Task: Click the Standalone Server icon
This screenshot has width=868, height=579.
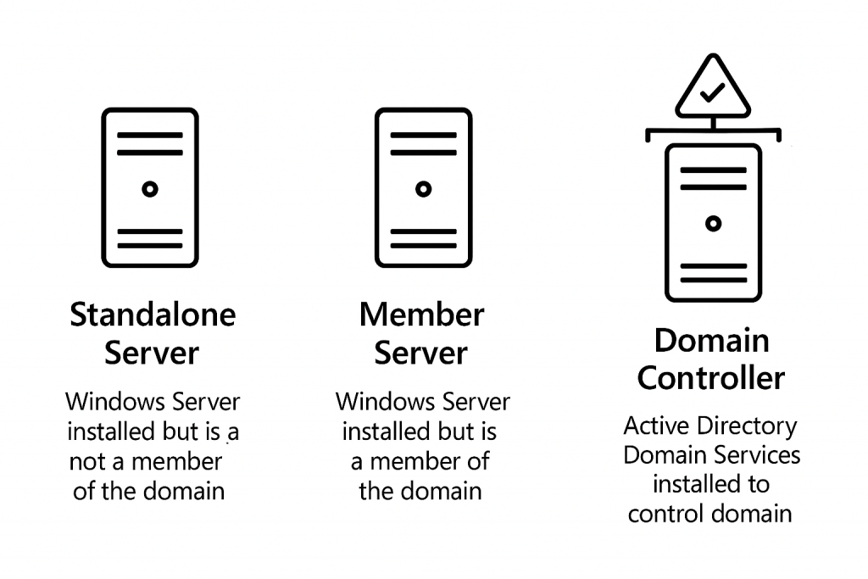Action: (150, 188)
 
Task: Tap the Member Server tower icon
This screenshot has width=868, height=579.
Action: (423, 188)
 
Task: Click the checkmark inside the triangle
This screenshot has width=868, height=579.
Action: (712, 92)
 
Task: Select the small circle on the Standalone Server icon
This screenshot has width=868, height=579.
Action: (150, 189)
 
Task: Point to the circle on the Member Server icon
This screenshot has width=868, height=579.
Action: (423, 189)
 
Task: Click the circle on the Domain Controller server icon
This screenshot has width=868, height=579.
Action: (713, 224)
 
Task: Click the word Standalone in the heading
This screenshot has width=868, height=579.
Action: (153, 315)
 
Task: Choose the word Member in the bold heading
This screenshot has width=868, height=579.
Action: (421, 315)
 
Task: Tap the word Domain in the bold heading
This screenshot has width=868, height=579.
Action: (711, 340)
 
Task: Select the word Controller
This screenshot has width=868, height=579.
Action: (711, 377)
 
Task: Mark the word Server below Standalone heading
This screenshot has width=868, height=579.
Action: (153, 353)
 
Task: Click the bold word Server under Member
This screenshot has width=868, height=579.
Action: (421, 353)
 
